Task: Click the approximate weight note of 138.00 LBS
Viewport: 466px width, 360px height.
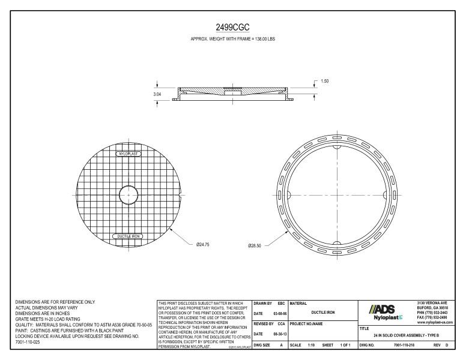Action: pos(232,39)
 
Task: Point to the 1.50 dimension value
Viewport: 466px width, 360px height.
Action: pos(325,81)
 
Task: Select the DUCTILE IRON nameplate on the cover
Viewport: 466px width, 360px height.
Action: pos(128,236)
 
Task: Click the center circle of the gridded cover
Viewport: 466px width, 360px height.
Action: pos(128,195)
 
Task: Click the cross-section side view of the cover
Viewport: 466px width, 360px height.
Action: pos(234,92)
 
